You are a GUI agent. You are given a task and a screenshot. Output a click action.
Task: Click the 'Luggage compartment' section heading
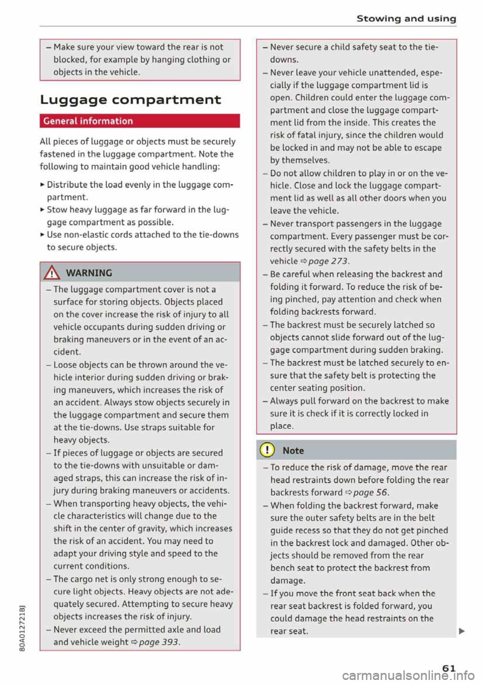[130, 100]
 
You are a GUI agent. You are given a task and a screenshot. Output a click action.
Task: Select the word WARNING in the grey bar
[89, 273]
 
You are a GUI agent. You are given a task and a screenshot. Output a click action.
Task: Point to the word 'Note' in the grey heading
[293, 451]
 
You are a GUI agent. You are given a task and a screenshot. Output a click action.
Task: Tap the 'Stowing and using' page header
[406, 19]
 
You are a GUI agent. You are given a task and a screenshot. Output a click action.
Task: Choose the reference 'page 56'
[370, 493]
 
